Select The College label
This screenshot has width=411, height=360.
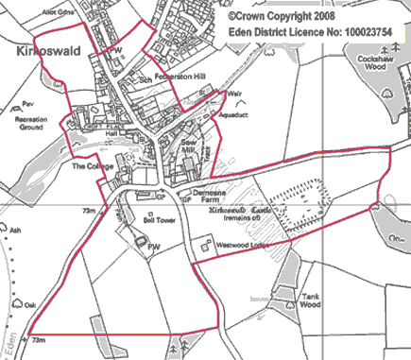(93, 167)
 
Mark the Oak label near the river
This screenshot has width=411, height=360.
(30, 305)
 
